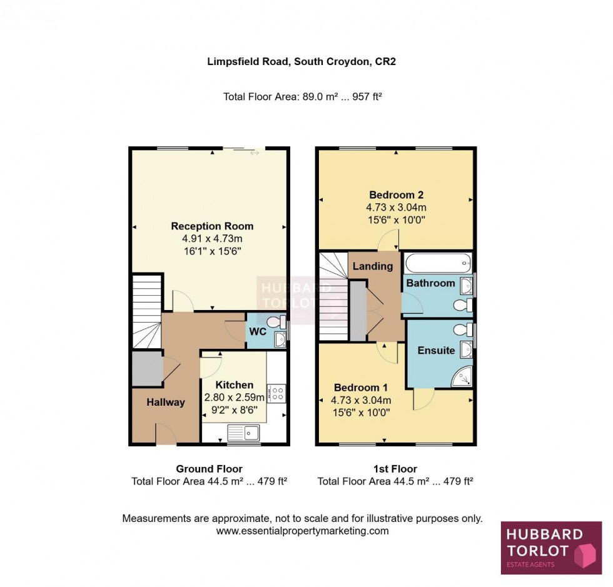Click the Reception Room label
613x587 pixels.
coord(212,226)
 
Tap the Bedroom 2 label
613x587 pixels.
coord(396,194)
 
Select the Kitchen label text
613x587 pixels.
coord(235,385)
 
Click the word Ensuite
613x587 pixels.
coord(436,351)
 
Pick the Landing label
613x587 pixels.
coord(373,266)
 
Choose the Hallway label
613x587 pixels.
coord(166,403)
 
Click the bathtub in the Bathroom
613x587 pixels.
coord(437,263)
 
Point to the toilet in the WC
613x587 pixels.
coord(274,323)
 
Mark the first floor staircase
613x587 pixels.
coord(333,296)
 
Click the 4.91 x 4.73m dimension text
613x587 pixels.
coord(212,239)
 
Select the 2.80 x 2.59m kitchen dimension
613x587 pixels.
coord(235,398)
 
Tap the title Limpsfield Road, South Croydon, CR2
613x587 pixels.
coord(301,61)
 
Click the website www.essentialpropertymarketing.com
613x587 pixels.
coord(302,531)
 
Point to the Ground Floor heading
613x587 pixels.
coord(209,469)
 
